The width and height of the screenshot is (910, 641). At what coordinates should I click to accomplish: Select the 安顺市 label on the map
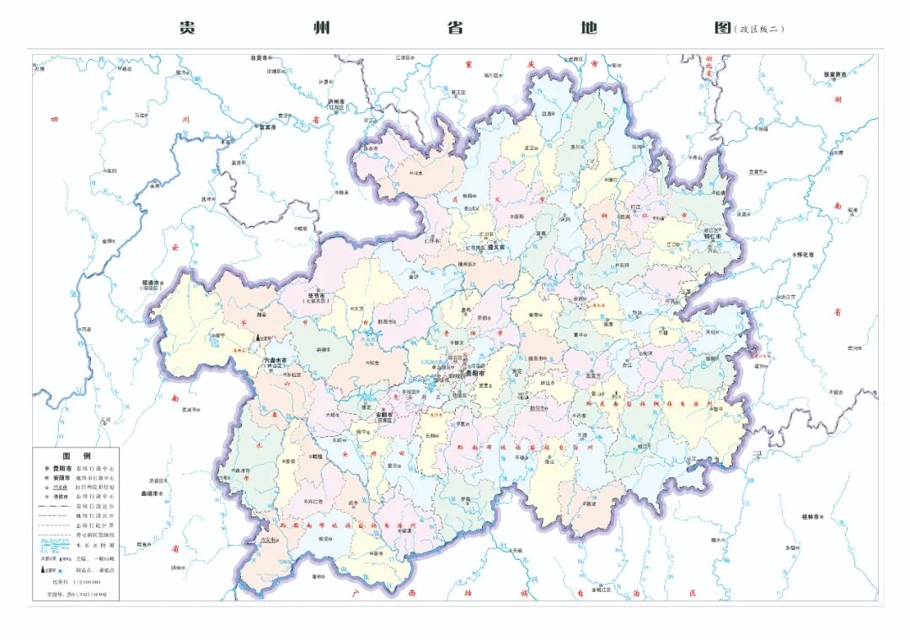click(x=384, y=415)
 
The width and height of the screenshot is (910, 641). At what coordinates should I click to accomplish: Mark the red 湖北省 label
click(x=709, y=73)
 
